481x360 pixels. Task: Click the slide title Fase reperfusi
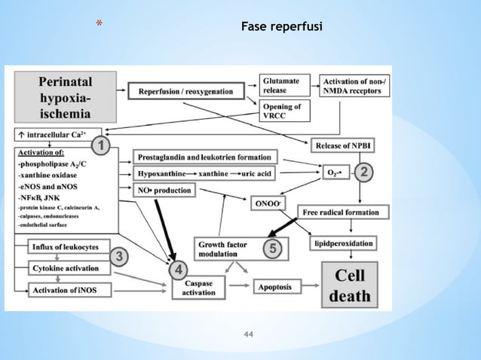click(x=280, y=28)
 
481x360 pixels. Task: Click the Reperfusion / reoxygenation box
click(x=191, y=91)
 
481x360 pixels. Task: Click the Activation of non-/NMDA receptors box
click(x=356, y=85)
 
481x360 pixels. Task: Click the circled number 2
click(x=363, y=172)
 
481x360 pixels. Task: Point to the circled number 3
click(x=118, y=258)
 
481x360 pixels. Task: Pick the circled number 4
click(x=179, y=270)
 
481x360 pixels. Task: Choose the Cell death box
click(x=350, y=285)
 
